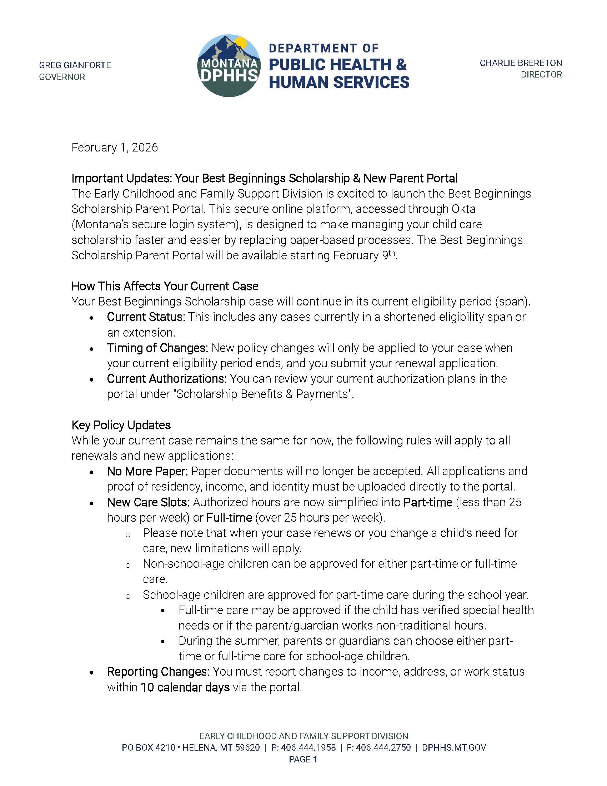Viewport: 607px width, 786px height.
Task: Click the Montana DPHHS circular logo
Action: [229, 66]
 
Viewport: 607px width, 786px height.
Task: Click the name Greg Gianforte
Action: [75, 65]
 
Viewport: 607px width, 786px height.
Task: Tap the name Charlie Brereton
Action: [520, 63]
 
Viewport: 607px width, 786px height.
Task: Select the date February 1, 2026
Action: [114, 148]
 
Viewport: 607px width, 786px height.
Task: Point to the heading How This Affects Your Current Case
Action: [165, 286]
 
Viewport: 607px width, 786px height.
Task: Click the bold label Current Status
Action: [146, 317]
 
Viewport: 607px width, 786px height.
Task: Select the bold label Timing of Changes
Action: [157, 348]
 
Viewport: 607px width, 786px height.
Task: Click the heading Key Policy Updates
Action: [121, 425]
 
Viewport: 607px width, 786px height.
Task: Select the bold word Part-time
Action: [427, 502]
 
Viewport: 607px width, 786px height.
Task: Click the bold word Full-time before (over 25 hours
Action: [229, 518]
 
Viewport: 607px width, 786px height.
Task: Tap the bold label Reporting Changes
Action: [158, 672]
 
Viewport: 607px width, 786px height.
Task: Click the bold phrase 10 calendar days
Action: [185, 687]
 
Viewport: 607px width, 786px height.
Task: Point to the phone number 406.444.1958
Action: [308, 747]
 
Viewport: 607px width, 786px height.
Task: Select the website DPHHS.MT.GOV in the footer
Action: [454, 747]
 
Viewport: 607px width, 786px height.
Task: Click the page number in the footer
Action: [315, 759]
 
